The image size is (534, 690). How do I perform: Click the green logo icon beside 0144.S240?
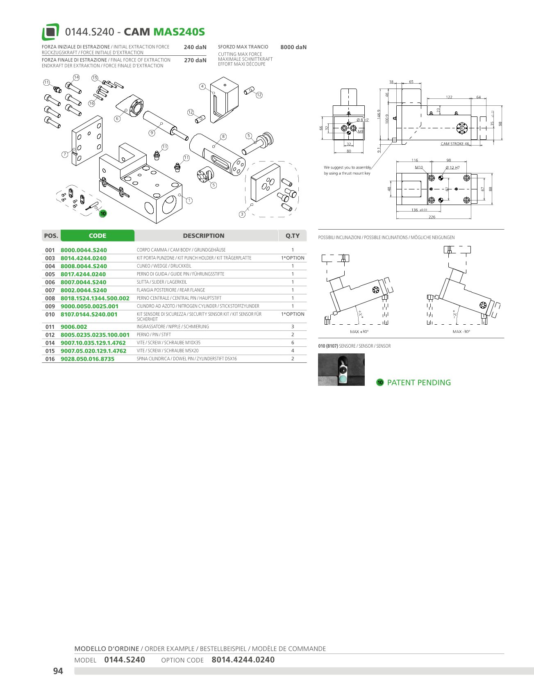[x=50, y=32]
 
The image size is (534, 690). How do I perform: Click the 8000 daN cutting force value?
[x=293, y=47]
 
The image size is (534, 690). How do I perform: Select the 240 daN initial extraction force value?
[x=195, y=47]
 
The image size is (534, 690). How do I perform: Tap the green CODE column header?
[x=98, y=236]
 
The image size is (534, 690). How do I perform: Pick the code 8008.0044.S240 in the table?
[x=84, y=266]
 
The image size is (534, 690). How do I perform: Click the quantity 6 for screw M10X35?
[x=293, y=343]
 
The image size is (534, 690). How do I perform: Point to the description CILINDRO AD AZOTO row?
[x=198, y=306]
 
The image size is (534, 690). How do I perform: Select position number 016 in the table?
[x=50, y=359]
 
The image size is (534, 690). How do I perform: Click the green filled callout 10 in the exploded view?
[x=103, y=213]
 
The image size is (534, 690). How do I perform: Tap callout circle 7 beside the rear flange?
[x=65, y=154]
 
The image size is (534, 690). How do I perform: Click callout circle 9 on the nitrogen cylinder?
[x=152, y=133]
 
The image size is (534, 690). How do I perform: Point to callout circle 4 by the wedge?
[x=202, y=87]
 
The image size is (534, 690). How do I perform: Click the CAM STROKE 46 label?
[x=455, y=144]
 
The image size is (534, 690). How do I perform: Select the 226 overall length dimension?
[x=432, y=217]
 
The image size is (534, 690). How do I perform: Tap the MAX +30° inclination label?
[x=359, y=332]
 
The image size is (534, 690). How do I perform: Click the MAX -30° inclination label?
[x=461, y=332]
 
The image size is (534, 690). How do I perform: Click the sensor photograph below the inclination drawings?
[x=341, y=369]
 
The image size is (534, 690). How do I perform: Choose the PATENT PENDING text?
[x=419, y=383]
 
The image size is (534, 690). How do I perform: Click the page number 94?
[x=58, y=671]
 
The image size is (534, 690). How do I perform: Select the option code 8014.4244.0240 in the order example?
[x=243, y=660]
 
